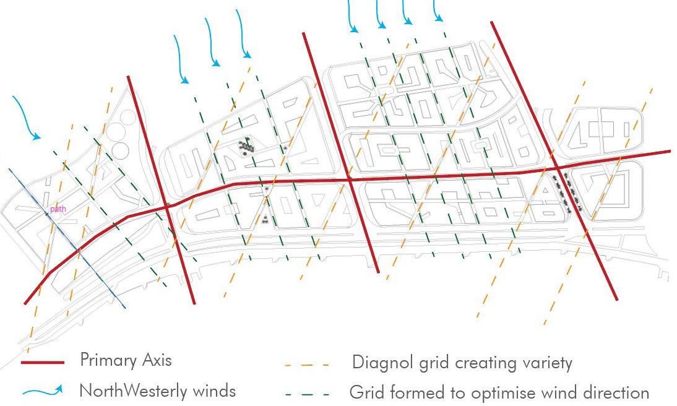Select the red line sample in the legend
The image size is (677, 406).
pos(43,362)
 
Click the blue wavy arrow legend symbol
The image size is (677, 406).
pos(43,391)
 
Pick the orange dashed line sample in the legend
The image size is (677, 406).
pos(307,365)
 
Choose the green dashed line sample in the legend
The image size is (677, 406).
pos(307,393)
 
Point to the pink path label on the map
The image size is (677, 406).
pos(58,209)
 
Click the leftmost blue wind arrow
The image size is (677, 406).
pos(25,118)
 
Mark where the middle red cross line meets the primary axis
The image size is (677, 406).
pos(350,180)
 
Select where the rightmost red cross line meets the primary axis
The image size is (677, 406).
pos(557,168)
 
